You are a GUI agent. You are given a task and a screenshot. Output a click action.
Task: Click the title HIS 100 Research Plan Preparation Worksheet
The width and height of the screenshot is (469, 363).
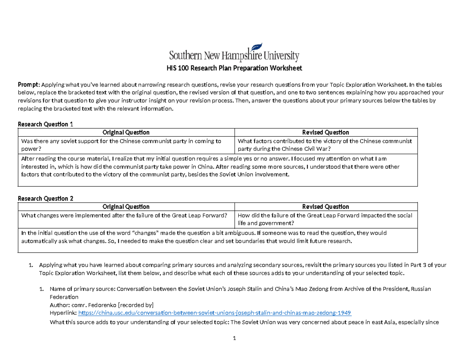tap(234, 69)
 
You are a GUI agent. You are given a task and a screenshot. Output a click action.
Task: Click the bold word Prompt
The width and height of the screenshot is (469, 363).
tap(29, 84)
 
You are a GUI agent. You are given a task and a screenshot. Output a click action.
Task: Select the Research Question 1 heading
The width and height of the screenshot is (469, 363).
tap(46, 124)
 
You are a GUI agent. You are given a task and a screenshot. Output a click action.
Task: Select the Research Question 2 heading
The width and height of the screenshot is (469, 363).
tap(46, 198)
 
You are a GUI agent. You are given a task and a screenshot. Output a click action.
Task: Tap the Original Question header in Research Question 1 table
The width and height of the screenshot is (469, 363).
tap(125, 132)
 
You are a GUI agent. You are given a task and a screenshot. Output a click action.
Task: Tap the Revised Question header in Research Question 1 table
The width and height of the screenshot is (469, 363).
tap(326, 132)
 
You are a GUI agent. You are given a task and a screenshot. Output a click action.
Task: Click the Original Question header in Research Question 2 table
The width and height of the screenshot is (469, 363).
tap(125, 206)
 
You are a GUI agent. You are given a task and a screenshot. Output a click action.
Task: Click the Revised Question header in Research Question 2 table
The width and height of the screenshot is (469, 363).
tap(326, 206)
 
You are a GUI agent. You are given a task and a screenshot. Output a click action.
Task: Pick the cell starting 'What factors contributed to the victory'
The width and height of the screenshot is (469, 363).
tap(326, 145)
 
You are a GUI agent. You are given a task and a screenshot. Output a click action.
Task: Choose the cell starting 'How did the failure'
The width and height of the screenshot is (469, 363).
tap(326, 219)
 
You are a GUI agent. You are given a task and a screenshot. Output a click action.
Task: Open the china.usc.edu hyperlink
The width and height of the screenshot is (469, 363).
tap(215, 313)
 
